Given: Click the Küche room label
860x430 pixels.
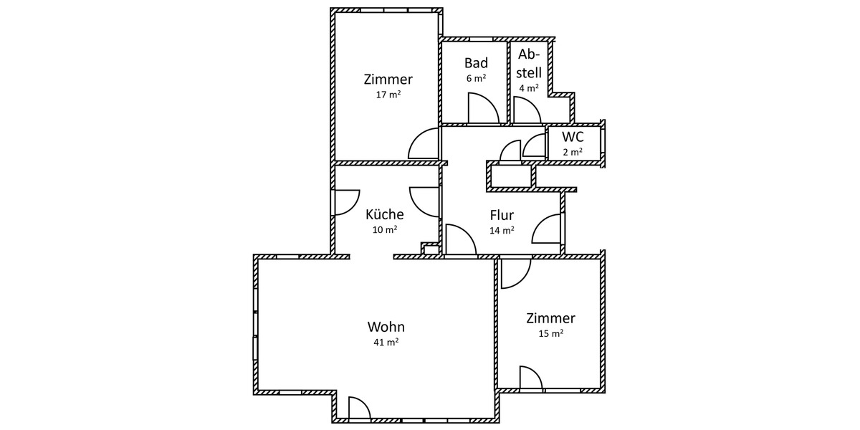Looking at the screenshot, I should [x=385, y=214].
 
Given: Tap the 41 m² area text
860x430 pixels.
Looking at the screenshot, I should [x=385, y=343].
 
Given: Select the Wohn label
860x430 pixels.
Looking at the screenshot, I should [x=385, y=327].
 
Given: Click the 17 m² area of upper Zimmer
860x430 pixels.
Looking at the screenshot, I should [x=388, y=95].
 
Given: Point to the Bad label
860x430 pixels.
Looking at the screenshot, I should [x=476, y=63].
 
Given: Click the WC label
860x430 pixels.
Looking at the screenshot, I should [x=572, y=137].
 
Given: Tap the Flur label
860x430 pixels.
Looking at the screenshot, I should [x=502, y=215].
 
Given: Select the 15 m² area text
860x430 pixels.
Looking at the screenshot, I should [x=550, y=333].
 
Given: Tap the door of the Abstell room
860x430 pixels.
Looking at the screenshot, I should [x=526, y=110].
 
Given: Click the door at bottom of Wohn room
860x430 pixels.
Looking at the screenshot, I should [x=358, y=408].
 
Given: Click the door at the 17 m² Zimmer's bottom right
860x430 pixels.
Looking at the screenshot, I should [x=424, y=145].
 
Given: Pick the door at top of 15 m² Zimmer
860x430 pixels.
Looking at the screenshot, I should [x=515, y=273].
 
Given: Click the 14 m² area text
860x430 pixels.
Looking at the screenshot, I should [x=502, y=231].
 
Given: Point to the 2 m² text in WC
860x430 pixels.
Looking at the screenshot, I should [x=572, y=152].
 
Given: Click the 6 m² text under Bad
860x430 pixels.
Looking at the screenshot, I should [x=476, y=78].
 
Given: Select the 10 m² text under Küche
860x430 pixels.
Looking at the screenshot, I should [x=385, y=230].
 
